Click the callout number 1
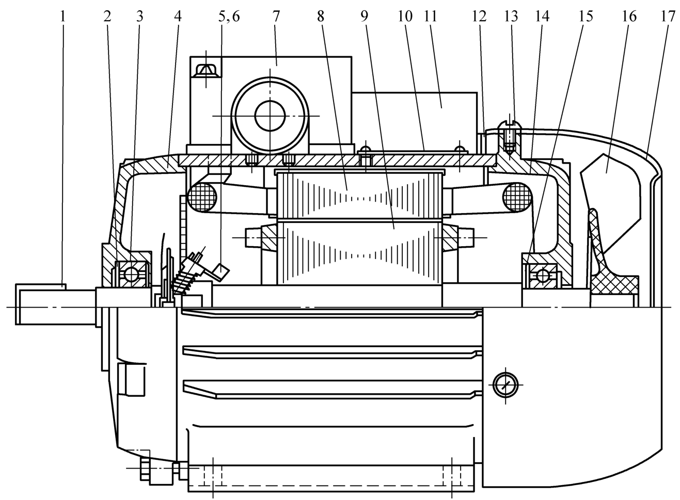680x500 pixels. coord(63,17)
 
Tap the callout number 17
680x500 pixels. coord(668,17)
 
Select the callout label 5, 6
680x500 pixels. coord(229,17)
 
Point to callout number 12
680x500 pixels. coord(479,17)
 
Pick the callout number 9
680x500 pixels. coord(365,17)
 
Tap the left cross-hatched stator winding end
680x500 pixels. coord(202,198)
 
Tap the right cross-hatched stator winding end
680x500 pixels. coord(517,197)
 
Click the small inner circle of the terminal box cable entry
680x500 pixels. coord(270,116)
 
